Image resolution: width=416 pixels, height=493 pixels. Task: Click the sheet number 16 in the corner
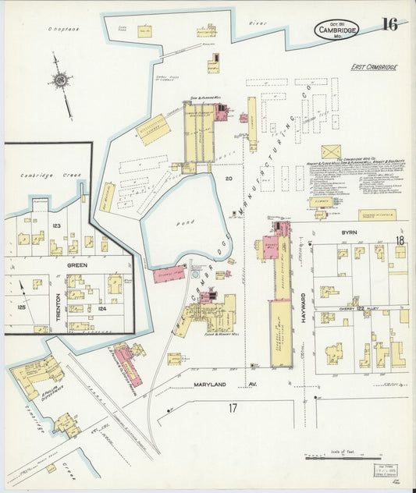(389, 24)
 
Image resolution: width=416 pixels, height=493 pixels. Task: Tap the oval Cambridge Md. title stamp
(337, 30)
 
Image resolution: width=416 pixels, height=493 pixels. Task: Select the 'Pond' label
(176, 223)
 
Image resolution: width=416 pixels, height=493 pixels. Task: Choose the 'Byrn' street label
(347, 232)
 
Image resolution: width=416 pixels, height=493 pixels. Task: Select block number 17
(233, 407)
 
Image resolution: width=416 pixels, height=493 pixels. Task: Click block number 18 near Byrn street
(399, 241)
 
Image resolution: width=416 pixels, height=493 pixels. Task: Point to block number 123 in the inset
(55, 225)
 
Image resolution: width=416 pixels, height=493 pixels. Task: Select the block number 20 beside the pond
(229, 179)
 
